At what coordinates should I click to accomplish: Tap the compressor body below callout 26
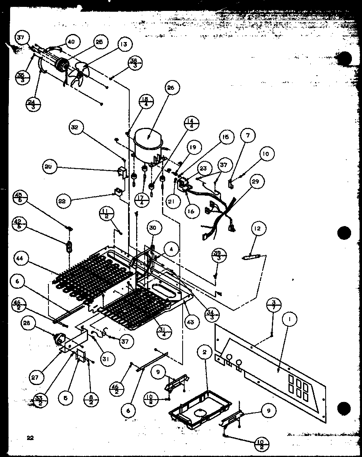(148, 146)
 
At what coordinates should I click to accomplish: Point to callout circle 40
(72, 42)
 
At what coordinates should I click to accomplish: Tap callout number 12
(258, 229)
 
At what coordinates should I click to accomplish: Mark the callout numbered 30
(152, 228)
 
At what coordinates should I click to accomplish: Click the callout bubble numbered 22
(64, 201)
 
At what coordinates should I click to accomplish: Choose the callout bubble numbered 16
(191, 211)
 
